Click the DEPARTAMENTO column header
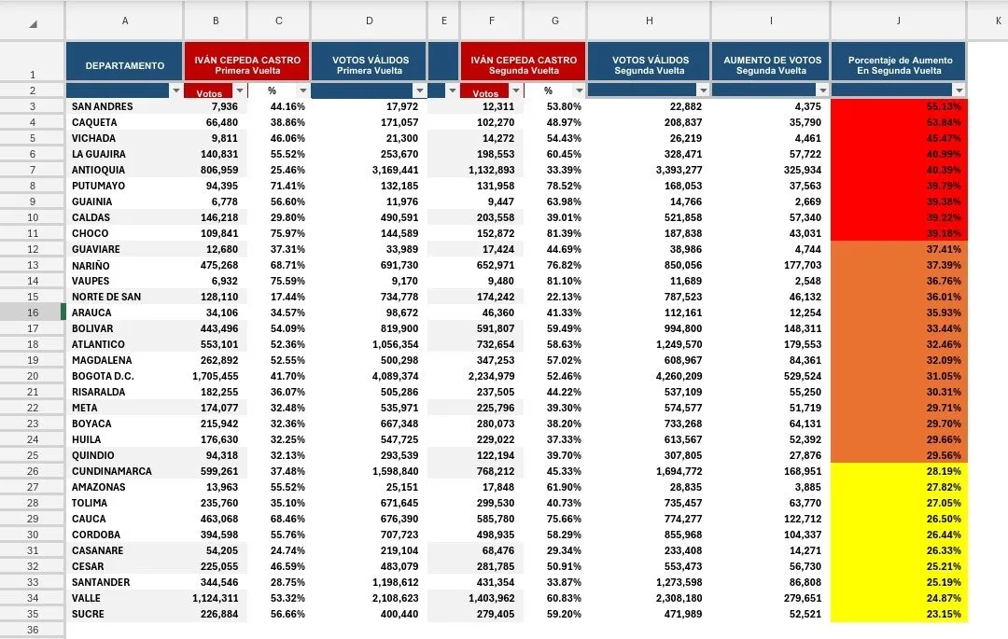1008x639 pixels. pos(125,65)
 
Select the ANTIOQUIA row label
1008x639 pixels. pos(98,170)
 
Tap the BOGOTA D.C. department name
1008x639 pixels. pos(103,376)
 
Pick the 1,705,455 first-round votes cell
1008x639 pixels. pos(216,376)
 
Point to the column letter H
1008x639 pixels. pos(650,21)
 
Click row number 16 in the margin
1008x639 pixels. pos(33,313)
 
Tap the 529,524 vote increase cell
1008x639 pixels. pos(803,376)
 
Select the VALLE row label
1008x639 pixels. pos(86,599)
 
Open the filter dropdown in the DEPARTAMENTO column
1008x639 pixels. pos(175,90)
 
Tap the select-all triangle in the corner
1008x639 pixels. pos(33,24)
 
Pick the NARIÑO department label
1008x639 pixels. pos(91,265)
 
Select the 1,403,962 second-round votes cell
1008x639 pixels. pos(491,599)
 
